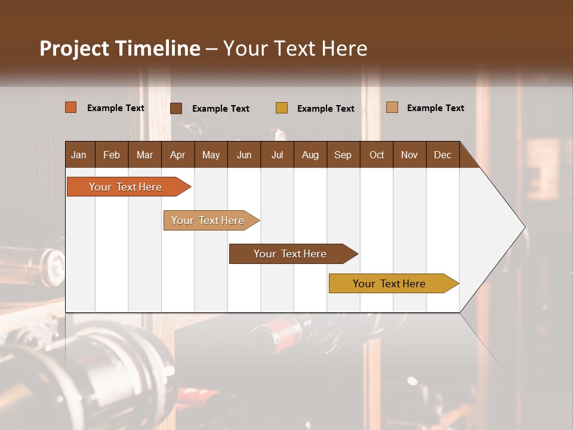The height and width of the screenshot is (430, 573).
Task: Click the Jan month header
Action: click(79, 155)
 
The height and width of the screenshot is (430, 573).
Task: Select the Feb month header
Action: click(112, 155)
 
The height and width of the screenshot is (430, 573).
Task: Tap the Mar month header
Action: click(144, 155)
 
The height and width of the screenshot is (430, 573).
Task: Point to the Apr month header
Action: click(178, 155)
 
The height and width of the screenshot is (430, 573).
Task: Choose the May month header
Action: click(211, 155)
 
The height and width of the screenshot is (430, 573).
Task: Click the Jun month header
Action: click(244, 155)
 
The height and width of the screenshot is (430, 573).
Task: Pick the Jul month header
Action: click(277, 155)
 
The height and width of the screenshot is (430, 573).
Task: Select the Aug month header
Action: click(310, 155)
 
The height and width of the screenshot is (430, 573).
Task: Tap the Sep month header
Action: click(343, 155)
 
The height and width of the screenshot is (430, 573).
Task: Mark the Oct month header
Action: click(377, 155)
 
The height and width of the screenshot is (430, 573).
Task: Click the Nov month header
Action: click(409, 155)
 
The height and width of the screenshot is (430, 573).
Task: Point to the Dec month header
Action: click(443, 155)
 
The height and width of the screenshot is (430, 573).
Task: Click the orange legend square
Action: click(71, 107)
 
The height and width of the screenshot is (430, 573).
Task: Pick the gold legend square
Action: click(282, 107)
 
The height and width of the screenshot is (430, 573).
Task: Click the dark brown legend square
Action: click(176, 108)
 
